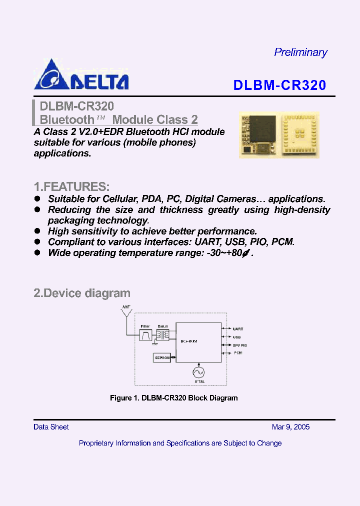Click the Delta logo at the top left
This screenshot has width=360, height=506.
[x=81, y=75]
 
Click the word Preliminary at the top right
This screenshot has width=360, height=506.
[x=300, y=52]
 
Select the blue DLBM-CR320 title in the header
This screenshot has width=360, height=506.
[x=279, y=85]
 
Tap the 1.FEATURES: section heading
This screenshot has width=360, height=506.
[x=71, y=187]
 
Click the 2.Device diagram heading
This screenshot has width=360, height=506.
[x=82, y=293]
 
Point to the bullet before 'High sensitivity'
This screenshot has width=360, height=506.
[x=37, y=231]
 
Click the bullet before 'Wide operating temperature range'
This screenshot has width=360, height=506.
[x=37, y=252]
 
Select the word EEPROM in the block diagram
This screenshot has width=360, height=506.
[x=162, y=357]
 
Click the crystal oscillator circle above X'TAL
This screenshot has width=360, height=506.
[x=198, y=372]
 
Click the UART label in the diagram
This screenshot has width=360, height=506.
[x=238, y=329]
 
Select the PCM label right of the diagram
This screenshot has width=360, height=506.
[x=238, y=352]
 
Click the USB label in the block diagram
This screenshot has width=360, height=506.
[x=237, y=336]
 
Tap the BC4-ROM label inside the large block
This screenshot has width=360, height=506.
[x=189, y=341]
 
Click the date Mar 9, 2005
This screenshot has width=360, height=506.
[x=290, y=427]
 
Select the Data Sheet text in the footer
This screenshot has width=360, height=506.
[x=51, y=427]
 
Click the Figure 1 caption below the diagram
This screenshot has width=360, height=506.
[x=173, y=398]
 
